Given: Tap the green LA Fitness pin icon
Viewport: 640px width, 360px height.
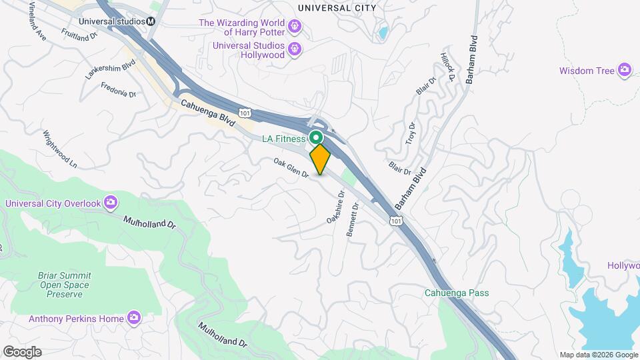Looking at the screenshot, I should (317, 138).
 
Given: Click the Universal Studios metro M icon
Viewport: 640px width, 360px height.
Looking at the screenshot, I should (151, 21).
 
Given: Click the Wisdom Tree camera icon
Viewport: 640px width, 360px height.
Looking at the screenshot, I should (624, 70).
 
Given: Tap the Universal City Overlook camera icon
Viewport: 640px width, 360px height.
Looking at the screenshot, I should (111, 203).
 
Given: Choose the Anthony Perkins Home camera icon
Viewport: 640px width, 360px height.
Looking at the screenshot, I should (134, 319).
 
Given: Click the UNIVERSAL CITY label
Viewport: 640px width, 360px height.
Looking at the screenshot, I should (337, 8).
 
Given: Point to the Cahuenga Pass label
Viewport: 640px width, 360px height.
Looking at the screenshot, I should (457, 293).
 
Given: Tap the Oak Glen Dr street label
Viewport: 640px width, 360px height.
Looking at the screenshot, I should (291, 167).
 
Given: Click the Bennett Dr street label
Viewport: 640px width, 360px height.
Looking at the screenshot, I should (353, 219).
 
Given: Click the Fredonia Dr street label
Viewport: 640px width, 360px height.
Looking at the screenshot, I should (118, 90).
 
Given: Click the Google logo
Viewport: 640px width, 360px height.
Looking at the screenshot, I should (22, 352).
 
